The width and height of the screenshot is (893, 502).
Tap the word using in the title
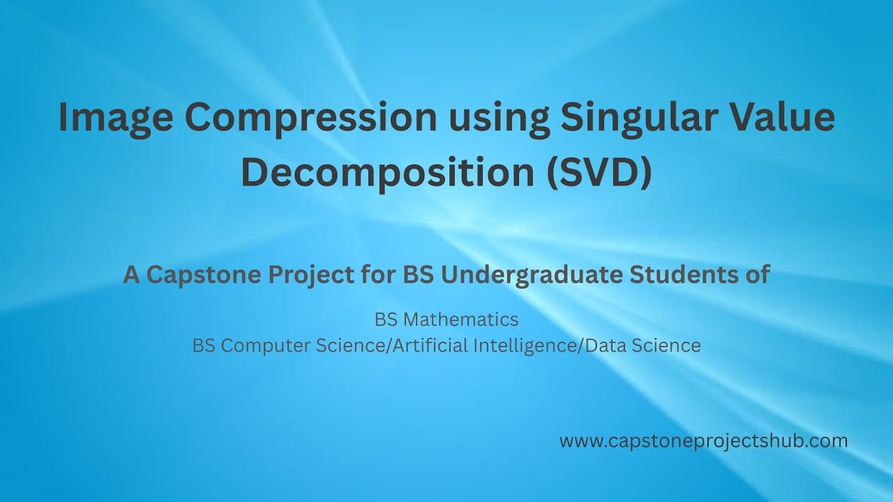(x=493, y=117)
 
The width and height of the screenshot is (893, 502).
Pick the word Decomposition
(x=387, y=173)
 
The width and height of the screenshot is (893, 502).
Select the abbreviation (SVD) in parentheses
(x=599, y=173)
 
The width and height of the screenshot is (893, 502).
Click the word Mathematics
(x=461, y=319)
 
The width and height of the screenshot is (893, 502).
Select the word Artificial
(x=430, y=345)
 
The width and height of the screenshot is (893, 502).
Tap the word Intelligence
(x=525, y=345)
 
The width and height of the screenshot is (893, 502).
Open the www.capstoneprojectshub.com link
(x=703, y=441)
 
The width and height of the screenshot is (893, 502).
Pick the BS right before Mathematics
(x=386, y=319)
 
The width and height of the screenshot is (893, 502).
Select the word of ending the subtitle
(x=758, y=275)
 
